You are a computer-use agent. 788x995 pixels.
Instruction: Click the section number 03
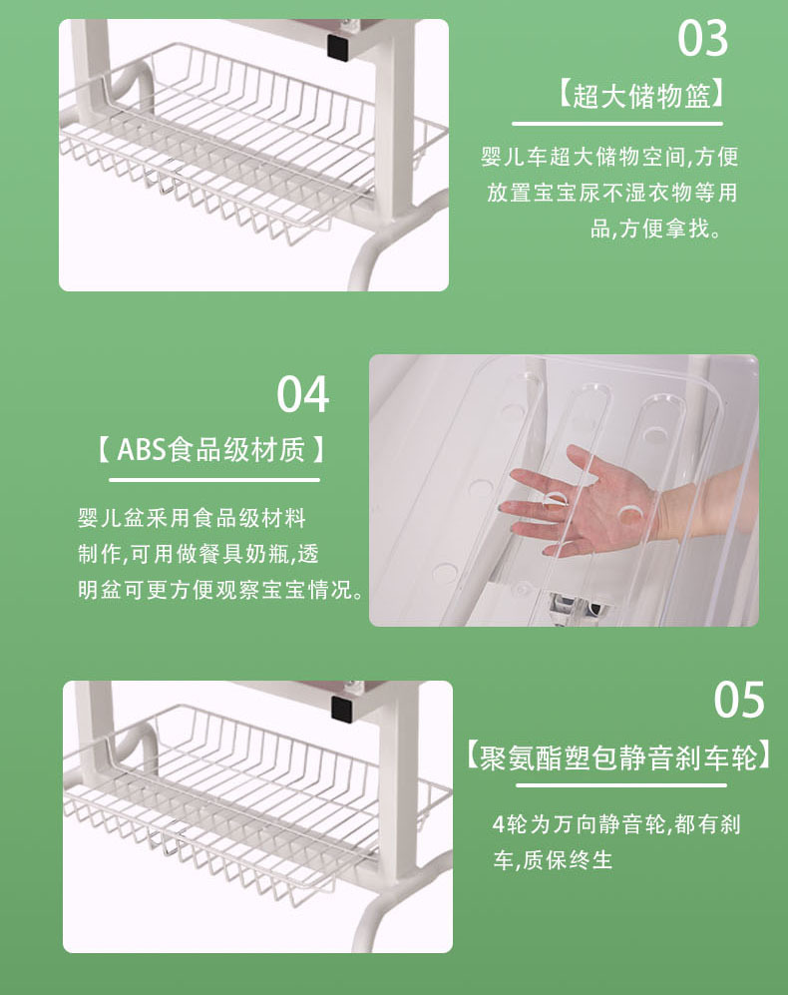702,39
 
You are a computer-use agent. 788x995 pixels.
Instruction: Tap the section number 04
302,394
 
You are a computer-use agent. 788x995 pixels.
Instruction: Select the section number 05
738,700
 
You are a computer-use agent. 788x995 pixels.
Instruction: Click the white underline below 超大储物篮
616,124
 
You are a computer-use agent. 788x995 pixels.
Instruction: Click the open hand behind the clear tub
589,504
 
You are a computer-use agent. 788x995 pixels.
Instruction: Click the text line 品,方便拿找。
654,229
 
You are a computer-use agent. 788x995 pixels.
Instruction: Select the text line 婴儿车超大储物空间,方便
609,157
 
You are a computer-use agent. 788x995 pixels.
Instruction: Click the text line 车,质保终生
553,859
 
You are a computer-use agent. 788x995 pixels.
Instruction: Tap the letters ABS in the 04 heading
140,450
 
